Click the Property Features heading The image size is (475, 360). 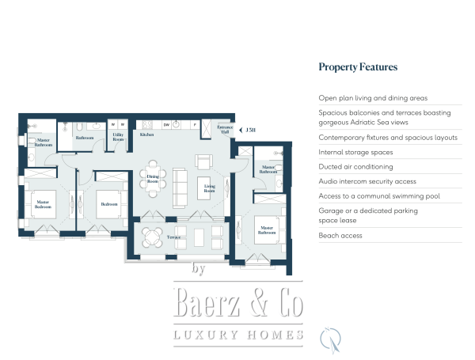358,67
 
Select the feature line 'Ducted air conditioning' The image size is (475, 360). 355,167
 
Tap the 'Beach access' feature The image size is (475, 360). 340,236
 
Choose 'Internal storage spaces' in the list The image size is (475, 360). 355,152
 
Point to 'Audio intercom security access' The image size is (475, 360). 367,181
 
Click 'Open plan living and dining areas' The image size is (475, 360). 373,98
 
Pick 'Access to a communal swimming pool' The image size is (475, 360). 373,195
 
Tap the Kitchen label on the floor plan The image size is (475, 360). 146,135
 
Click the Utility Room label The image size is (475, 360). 118,137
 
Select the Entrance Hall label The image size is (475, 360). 225,129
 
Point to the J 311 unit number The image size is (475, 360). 251,129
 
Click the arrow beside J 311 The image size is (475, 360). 241,129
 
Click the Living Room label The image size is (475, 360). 210,189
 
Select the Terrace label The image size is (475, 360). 174,237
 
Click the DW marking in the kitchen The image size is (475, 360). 167,125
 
